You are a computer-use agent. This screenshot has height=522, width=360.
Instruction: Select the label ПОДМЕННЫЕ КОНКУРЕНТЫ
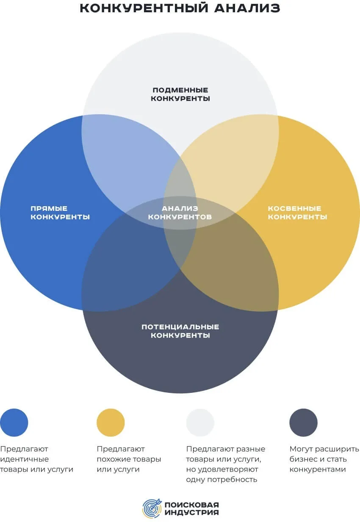180,94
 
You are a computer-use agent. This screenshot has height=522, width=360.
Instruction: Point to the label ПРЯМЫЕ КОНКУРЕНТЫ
60,213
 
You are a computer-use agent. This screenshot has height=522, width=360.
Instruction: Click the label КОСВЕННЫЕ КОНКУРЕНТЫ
297,213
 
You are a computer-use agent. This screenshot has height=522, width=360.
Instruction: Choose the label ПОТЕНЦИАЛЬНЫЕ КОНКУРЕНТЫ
180,331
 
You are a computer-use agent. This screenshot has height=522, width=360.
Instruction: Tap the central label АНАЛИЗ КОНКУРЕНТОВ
180,213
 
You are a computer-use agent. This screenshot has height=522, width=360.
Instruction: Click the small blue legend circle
14,423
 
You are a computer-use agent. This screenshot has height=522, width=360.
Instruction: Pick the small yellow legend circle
111,423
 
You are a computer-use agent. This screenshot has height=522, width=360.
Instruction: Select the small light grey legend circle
200,423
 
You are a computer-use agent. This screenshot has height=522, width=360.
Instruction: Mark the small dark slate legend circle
303,423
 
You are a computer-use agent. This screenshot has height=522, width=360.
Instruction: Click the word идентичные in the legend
25,459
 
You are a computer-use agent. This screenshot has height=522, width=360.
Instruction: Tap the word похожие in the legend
111,459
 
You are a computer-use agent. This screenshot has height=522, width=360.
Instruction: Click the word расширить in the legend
339,449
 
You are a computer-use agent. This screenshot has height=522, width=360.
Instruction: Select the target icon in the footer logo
152,508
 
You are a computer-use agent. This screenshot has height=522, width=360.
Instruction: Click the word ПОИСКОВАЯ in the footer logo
191,504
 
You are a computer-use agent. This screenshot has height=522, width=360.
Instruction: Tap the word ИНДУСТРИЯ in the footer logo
191,512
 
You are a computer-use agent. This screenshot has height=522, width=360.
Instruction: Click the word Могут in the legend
299,449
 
